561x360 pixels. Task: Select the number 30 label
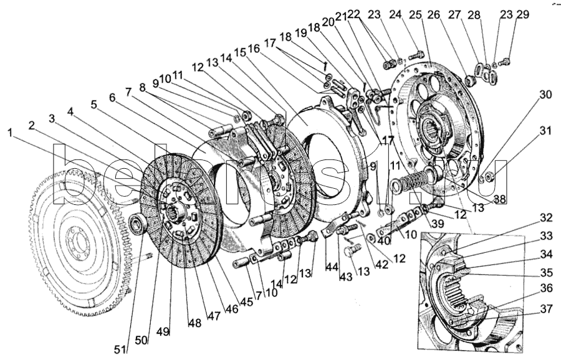[x=546, y=95]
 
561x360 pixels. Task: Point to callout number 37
[x=546, y=308]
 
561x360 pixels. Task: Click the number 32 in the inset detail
[x=546, y=218]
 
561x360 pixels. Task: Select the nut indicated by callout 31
[x=491, y=176]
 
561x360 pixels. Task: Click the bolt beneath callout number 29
[x=506, y=61]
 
